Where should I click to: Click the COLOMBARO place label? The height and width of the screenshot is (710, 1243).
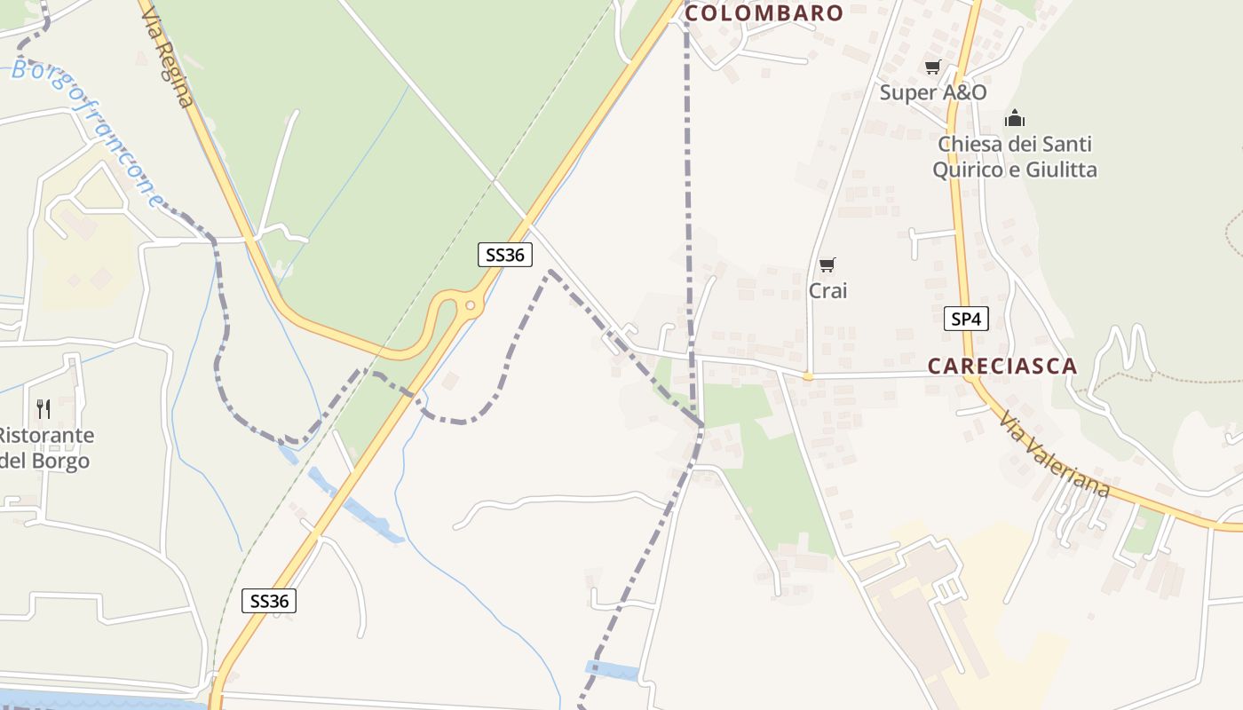pyautogui.click(x=764, y=13)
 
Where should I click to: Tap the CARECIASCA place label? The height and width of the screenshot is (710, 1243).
pyautogui.click(x=1002, y=366)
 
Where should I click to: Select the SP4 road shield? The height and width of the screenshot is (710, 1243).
pyautogui.click(x=965, y=319)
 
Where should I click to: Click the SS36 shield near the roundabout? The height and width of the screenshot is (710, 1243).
pyautogui.click(x=505, y=255)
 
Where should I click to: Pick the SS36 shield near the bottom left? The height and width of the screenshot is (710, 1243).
pyautogui.click(x=269, y=601)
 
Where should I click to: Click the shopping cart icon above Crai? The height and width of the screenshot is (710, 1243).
pyautogui.click(x=827, y=264)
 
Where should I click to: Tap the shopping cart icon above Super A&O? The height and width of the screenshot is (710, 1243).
pyautogui.click(x=932, y=67)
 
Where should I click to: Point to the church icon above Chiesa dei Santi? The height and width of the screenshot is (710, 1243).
pyautogui.click(x=1015, y=118)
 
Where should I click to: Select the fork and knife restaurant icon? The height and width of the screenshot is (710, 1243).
pyautogui.click(x=43, y=408)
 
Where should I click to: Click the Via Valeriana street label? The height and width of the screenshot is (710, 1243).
pyautogui.click(x=1055, y=454)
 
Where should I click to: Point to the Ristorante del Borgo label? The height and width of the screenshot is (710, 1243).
pyautogui.click(x=44, y=448)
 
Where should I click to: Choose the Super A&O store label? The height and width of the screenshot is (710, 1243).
pyautogui.click(x=933, y=92)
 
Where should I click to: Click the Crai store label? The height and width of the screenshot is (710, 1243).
pyautogui.click(x=827, y=290)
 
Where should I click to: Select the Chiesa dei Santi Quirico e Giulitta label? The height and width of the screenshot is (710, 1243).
pyautogui.click(x=1015, y=156)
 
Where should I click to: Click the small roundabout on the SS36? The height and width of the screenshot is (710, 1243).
pyautogui.click(x=471, y=306)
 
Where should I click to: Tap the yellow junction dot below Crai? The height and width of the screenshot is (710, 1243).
pyautogui.click(x=808, y=376)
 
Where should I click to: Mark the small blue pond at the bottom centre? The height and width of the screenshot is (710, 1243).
pyautogui.click(x=613, y=671)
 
